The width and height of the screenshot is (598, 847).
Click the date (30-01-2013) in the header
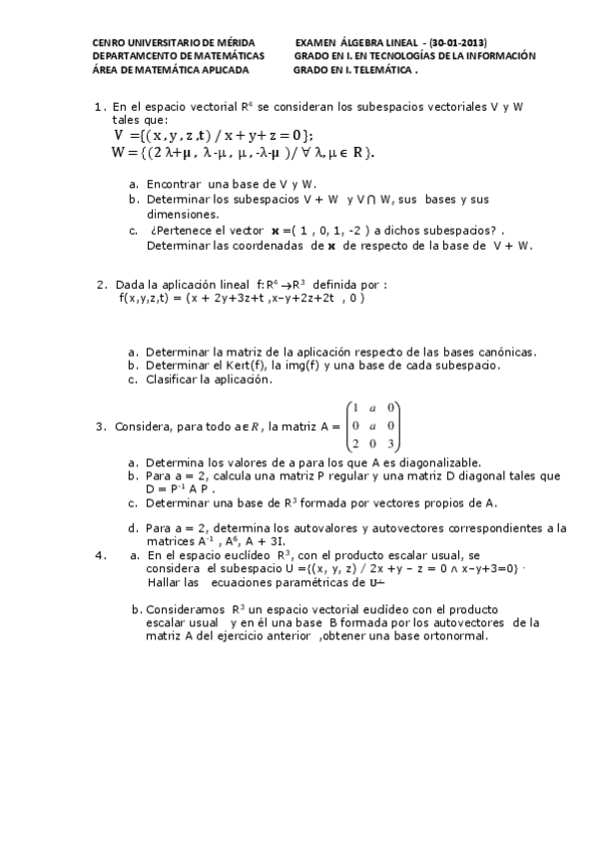(457, 43)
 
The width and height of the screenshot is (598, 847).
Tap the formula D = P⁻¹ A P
(180, 490)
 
